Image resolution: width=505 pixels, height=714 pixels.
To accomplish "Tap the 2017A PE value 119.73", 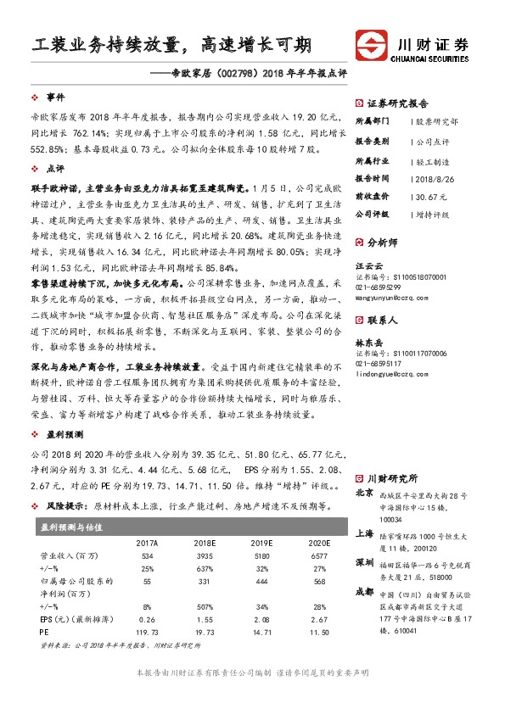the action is click(147, 633).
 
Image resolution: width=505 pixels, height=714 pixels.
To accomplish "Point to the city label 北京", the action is click(364, 492).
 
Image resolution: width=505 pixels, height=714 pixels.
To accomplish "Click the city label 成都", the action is click(364, 590).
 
